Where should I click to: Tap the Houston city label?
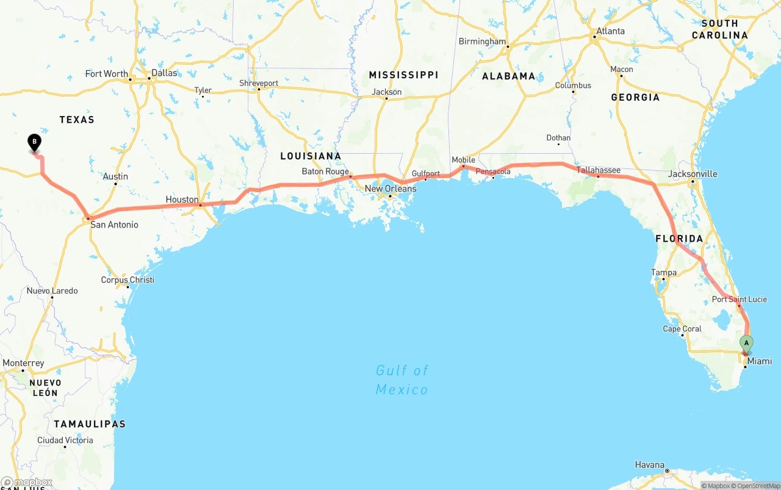182,200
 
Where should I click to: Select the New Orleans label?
390,189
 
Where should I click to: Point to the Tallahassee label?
599,170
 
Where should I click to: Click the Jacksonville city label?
693,174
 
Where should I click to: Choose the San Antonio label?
114,225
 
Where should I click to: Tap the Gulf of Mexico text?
402,380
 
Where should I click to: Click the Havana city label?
649,465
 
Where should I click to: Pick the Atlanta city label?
610,31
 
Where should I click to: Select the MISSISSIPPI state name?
403,75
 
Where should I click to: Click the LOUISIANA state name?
311,156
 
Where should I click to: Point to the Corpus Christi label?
128,280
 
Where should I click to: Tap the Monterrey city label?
23,363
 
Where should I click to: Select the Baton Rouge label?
325,171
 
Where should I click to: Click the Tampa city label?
664,272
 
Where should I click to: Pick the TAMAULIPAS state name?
90,423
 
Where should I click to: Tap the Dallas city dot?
149,78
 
